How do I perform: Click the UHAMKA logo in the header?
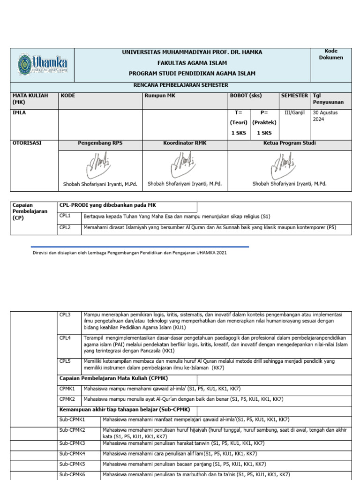tap(42, 65)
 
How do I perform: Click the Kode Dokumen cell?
tap(331, 54)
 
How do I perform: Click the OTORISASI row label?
tap(27, 143)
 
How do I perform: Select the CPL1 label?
tap(65, 217)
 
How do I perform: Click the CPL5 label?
tap(65, 361)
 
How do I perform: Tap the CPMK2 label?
tap(67, 399)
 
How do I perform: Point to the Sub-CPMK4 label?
tap(72, 454)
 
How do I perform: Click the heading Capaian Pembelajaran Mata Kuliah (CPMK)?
tap(113, 378)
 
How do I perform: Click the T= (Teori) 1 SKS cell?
tap(239, 123)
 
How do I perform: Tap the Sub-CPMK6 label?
tap(72, 475)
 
